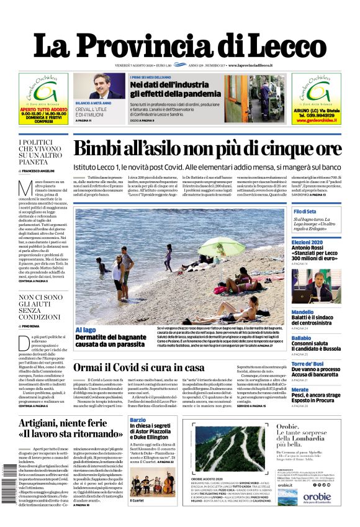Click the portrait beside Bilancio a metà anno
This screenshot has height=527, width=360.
point(92,86)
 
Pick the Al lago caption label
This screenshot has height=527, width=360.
point(86,330)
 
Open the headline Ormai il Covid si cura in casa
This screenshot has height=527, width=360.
point(147,367)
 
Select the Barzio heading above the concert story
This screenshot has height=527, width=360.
point(138,421)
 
